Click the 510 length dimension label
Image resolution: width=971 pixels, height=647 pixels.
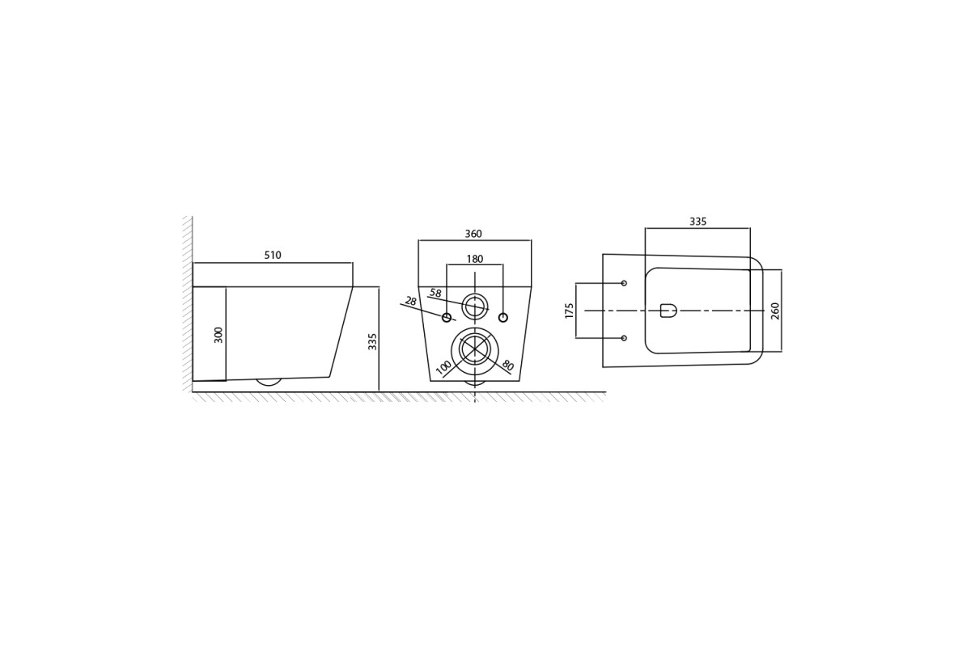point(273,256)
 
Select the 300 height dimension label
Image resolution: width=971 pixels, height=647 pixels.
point(218,335)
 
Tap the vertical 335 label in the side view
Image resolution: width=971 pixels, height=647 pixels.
point(372,341)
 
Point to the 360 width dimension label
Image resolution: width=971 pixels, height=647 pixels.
point(473,234)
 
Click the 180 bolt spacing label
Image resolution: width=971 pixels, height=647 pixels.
point(475,259)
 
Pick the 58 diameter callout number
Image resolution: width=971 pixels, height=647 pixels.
point(435,293)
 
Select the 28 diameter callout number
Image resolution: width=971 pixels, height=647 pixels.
point(410,301)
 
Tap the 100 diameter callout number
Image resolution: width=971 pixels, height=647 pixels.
point(443,367)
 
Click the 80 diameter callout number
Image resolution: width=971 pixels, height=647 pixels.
point(507,366)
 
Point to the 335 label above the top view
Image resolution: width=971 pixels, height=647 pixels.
point(698,222)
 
